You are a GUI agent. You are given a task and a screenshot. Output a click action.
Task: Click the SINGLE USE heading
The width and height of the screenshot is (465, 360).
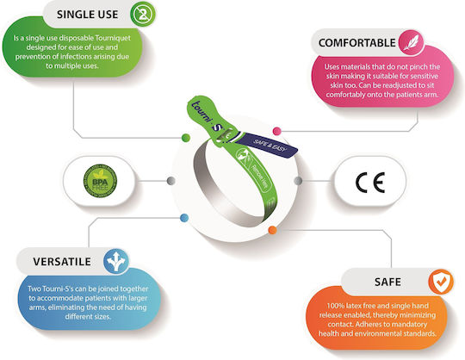(87, 15)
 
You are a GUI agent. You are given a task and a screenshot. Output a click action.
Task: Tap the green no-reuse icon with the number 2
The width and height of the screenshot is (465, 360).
(143, 15)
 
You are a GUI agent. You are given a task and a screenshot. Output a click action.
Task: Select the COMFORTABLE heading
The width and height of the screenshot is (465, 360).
(356, 43)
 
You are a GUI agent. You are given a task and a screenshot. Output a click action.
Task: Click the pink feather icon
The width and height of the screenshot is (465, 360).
(411, 42)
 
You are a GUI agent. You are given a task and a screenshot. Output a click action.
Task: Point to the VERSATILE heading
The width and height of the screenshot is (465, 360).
(62, 262)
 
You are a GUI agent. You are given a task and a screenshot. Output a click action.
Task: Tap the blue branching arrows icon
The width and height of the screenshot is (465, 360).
(116, 261)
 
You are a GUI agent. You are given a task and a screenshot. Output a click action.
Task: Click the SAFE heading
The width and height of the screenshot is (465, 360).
(387, 282)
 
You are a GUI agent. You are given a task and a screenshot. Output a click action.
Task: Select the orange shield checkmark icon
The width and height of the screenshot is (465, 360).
(441, 282)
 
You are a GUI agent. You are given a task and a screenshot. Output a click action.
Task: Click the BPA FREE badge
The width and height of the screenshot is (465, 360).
(100, 181)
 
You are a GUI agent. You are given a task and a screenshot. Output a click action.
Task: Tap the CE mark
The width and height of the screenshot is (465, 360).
(370, 182)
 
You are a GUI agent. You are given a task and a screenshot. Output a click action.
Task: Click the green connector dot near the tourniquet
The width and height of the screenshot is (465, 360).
(186, 138)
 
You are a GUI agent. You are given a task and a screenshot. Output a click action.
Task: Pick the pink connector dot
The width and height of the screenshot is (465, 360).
(276, 131)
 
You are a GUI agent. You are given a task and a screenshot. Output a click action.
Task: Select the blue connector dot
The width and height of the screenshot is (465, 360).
(184, 218)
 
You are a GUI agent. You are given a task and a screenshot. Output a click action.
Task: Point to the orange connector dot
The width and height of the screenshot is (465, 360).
(272, 230)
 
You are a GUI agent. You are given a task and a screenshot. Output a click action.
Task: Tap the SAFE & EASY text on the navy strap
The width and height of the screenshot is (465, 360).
(270, 146)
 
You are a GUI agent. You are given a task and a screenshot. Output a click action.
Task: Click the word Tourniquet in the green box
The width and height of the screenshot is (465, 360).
(113, 38)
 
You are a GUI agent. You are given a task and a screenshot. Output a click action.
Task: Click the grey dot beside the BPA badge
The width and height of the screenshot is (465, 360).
(171, 181)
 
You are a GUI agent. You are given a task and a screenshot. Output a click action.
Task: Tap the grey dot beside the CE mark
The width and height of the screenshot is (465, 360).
(298, 181)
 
